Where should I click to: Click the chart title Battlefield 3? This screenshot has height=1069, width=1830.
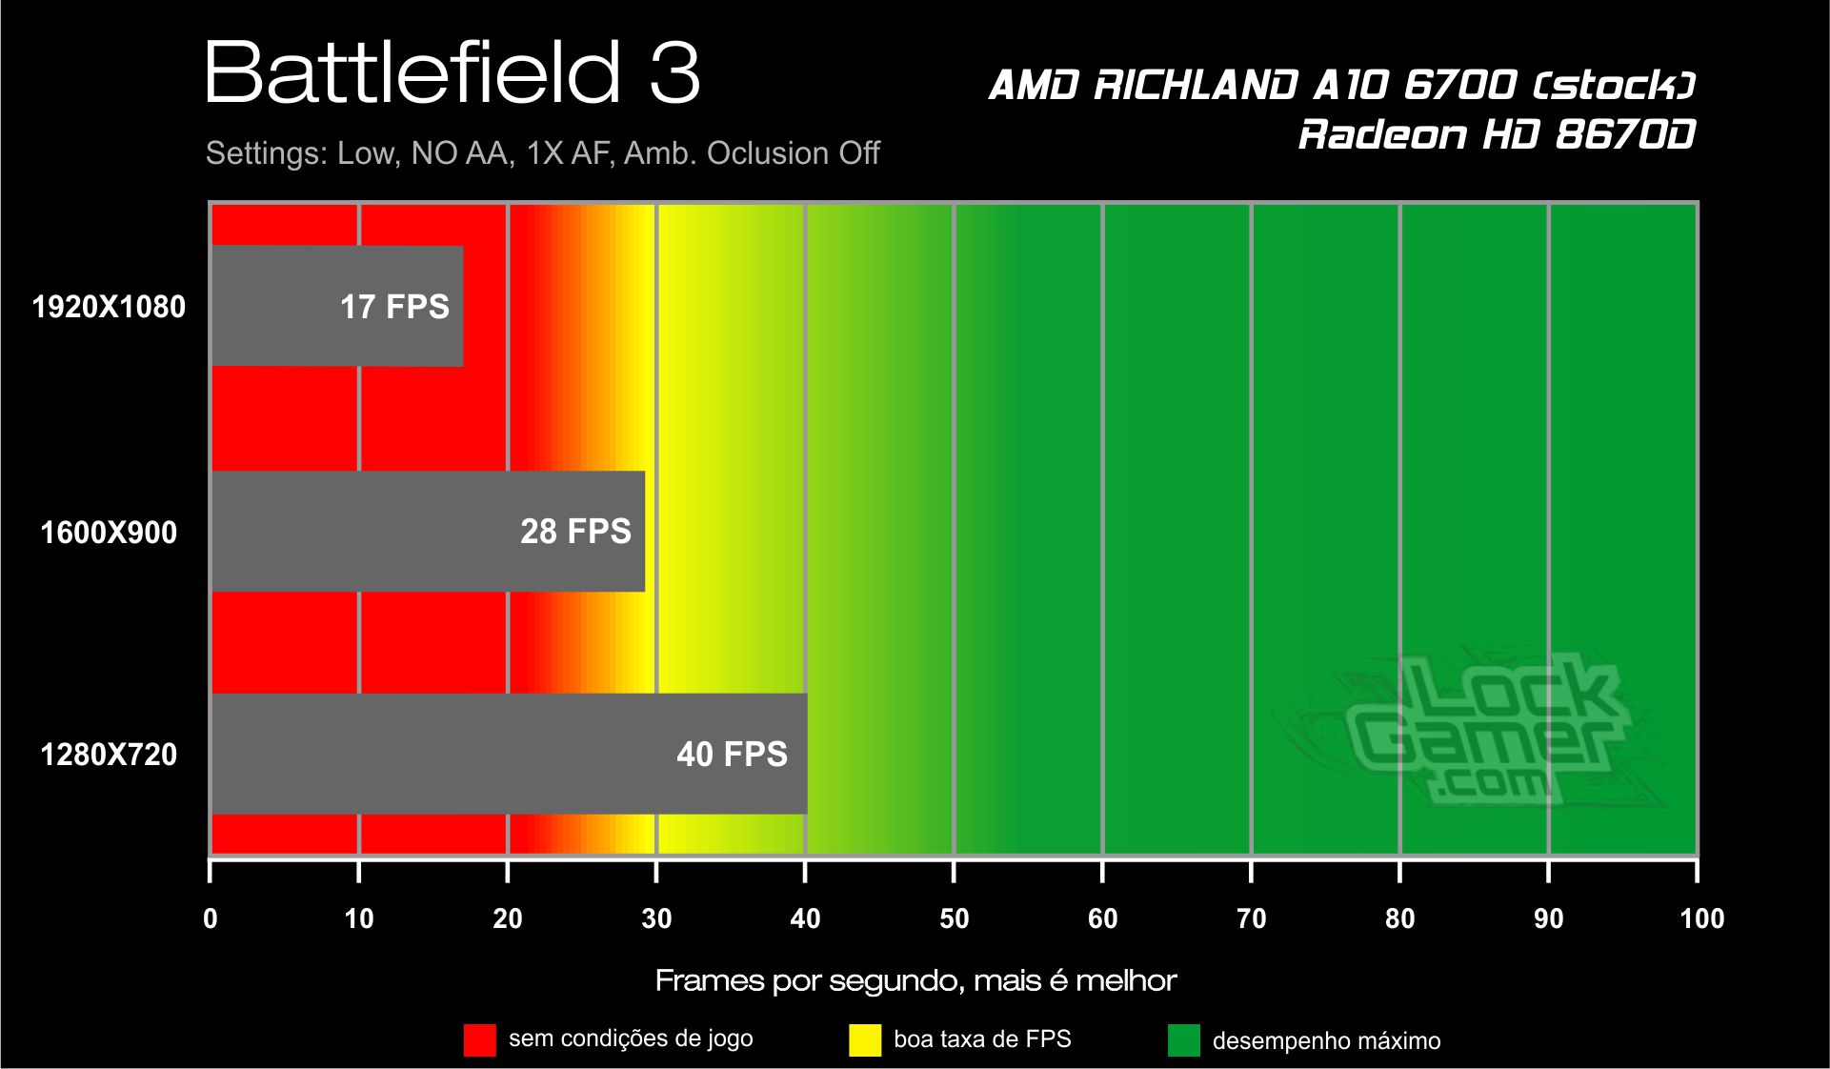(452, 72)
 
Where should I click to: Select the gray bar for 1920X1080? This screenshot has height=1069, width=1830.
(336, 306)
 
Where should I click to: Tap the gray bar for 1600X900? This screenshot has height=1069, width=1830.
(428, 531)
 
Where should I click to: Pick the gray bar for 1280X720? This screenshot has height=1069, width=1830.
(509, 754)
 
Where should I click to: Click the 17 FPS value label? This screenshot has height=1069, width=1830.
(394, 307)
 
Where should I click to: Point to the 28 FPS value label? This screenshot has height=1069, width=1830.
(575, 532)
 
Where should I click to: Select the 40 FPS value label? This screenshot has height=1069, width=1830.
(732, 755)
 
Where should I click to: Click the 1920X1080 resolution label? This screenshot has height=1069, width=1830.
(109, 307)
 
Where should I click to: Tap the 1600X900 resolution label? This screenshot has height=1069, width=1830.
(109, 532)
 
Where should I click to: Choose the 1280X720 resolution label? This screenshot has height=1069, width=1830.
(109, 755)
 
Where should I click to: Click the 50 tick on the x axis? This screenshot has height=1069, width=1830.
(954, 918)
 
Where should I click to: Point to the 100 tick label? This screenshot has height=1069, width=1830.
(1701, 918)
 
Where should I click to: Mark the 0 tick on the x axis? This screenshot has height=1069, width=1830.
(211, 918)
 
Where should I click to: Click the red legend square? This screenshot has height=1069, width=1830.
(480, 1040)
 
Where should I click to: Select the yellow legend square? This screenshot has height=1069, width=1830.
(865, 1040)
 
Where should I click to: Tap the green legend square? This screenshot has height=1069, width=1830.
(1184, 1040)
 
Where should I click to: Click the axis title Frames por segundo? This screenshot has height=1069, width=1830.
(915, 980)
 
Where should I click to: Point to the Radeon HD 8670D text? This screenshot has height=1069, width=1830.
(1497, 134)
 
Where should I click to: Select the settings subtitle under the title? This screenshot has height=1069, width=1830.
(542, 153)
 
